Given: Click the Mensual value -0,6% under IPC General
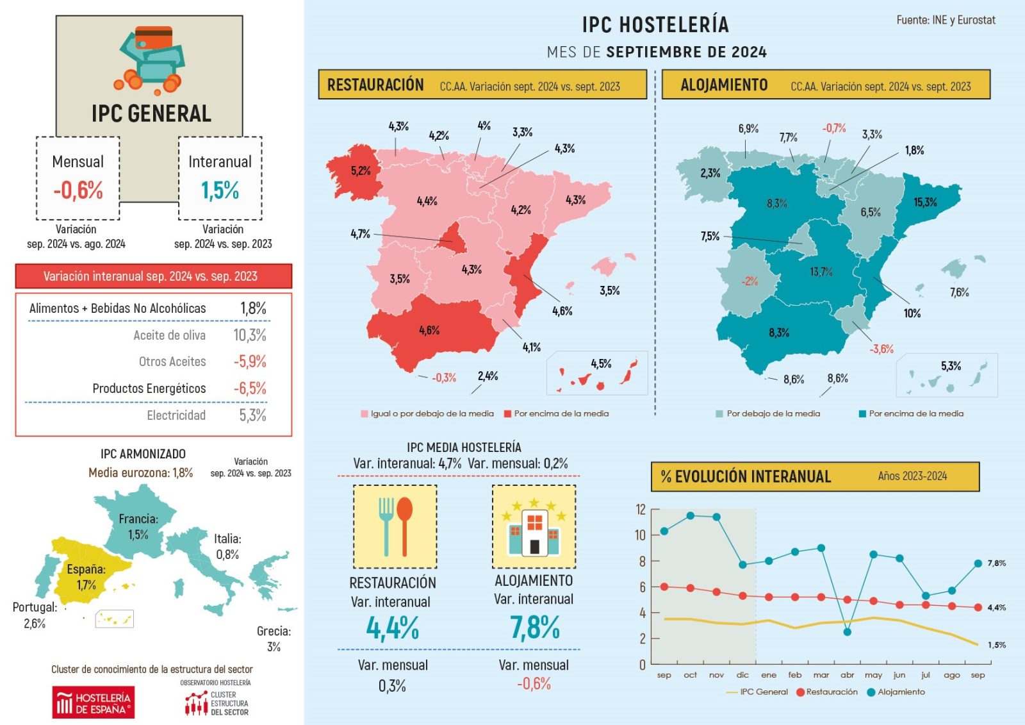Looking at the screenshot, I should coord(78,190).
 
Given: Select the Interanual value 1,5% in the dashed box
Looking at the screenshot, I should coord(220,190).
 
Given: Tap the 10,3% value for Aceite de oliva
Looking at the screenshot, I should coord(250,335).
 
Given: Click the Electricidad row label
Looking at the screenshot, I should coord(176,415).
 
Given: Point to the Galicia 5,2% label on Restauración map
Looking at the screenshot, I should coord(361,171).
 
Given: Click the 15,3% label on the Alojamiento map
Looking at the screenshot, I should coord(925,203).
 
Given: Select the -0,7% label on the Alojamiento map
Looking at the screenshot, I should coord(834,128).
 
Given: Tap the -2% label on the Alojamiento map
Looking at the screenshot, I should coord(750,281).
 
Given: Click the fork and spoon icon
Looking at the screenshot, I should coord(395,526).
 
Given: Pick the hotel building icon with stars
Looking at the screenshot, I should coord(534,526).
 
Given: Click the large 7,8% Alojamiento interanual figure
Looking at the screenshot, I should coord(534,628).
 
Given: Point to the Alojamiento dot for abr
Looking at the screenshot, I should coord(847,632).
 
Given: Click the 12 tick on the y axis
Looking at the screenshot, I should coord(641,510).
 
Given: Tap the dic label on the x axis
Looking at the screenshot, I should coord(742,675).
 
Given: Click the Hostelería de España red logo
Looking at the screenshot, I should coord(94,703).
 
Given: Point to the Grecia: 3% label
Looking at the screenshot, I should coord(274,638).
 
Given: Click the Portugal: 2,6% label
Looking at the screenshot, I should coord(35,615).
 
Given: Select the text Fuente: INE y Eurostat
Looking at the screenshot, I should coord(946,21).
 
